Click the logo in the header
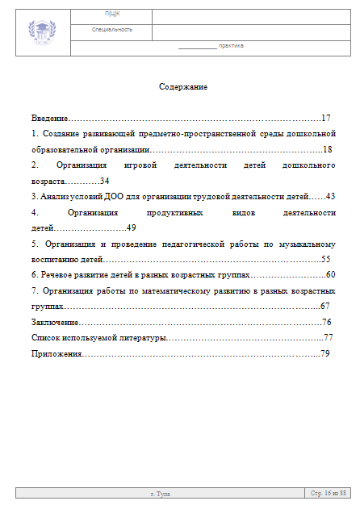tap(42, 31)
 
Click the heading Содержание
tap(183, 87)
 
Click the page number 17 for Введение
tap(326, 118)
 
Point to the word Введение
tap(49, 118)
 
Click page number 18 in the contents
tap(327, 149)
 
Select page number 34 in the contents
tap(104, 181)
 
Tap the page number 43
tap(329, 196)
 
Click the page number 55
tap(326, 259)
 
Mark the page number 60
tap(329, 275)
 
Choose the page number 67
tap(325, 307)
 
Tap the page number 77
tap(328, 338)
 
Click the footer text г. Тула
tap(161, 492)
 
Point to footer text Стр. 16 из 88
tap(329, 492)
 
